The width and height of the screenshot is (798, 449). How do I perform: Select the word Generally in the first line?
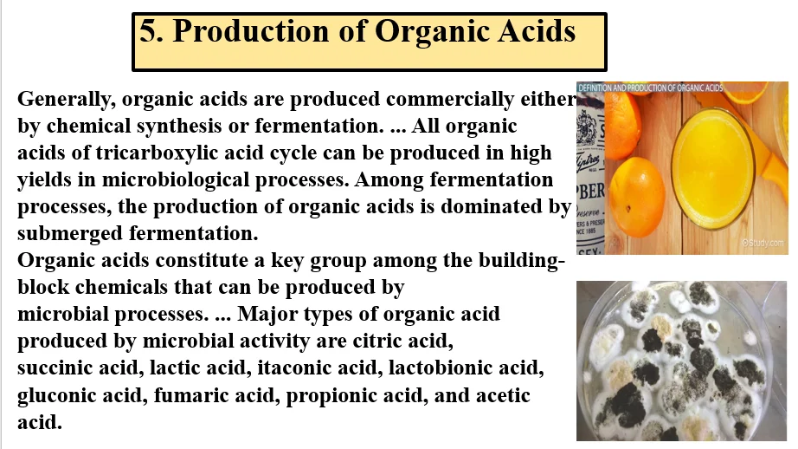click(x=64, y=100)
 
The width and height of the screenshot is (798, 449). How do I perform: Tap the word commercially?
click(x=450, y=99)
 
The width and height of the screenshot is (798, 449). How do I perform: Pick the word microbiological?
click(x=175, y=180)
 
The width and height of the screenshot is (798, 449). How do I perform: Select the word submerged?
click(x=70, y=234)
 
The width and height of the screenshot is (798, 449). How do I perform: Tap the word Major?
click(x=267, y=314)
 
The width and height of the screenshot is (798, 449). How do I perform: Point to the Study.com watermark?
click(x=763, y=243)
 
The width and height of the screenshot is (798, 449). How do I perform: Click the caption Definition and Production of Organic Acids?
click(x=650, y=88)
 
